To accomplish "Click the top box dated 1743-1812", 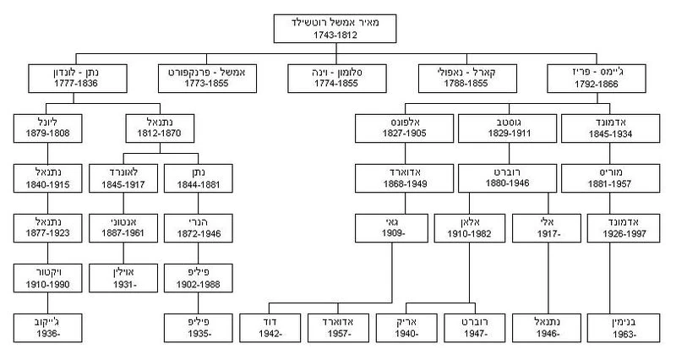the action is pyautogui.click(x=335, y=29).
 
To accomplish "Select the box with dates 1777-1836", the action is pyautogui.click(x=78, y=79).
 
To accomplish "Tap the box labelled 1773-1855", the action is pyautogui.click(x=207, y=79).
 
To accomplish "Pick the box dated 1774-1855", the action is pyautogui.click(x=337, y=79).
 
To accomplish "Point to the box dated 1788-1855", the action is pyautogui.click(x=467, y=79).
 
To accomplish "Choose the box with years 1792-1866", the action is pyautogui.click(x=597, y=79).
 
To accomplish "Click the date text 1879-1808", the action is pyautogui.click(x=48, y=134).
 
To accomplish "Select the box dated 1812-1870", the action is pyautogui.click(x=160, y=128).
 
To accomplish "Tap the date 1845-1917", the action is pyautogui.click(x=123, y=184).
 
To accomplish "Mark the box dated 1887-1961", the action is pyautogui.click(x=123, y=228).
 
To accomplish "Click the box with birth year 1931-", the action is pyautogui.click(x=123, y=278).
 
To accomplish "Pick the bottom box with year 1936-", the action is pyautogui.click(x=48, y=328).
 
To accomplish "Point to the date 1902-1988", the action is pyautogui.click(x=199, y=285).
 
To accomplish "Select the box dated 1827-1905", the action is pyautogui.click(x=405, y=128).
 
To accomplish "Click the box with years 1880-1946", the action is pyautogui.click(x=508, y=178).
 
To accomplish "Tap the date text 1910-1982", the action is pyautogui.click(x=469, y=234).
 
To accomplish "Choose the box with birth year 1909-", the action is pyautogui.click(x=391, y=228).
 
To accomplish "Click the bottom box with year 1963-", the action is pyautogui.click(x=624, y=328).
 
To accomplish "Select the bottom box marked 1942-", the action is pyautogui.click(x=270, y=328).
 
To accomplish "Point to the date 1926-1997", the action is pyautogui.click(x=624, y=234).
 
